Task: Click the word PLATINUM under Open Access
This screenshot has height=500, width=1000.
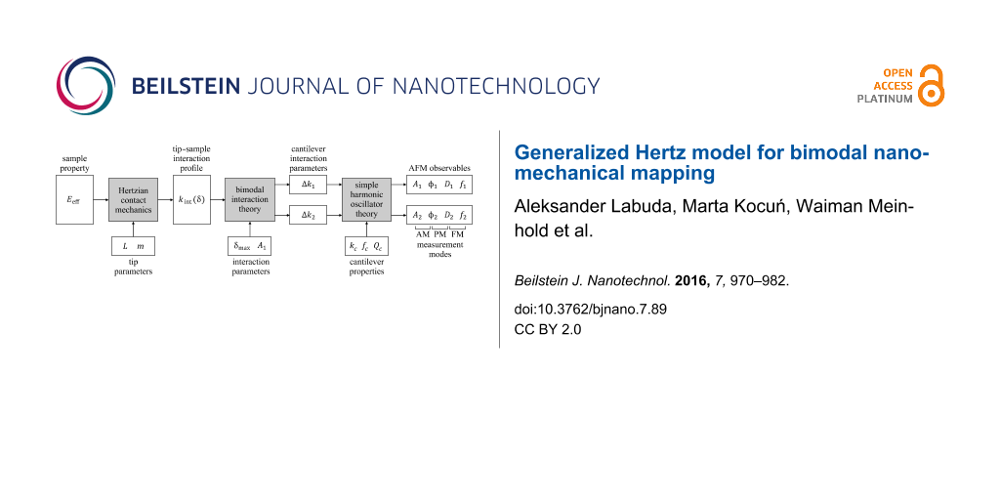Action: (x=885, y=99)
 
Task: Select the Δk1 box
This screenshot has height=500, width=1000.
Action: (x=308, y=185)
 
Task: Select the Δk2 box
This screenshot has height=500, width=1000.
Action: (x=308, y=214)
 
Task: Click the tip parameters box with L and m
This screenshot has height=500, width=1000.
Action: (x=132, y=247)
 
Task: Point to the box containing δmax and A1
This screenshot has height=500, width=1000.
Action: (x=250, y=247)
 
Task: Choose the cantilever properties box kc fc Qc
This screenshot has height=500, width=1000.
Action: (x=366, y=247)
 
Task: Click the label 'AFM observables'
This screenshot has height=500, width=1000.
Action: (x=438, y=168)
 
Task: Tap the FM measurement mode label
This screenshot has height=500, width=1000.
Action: (x=457, y=235)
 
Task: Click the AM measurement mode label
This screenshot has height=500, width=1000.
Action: (x=422, y=235)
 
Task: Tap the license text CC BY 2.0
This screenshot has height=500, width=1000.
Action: (x=548, y=329)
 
